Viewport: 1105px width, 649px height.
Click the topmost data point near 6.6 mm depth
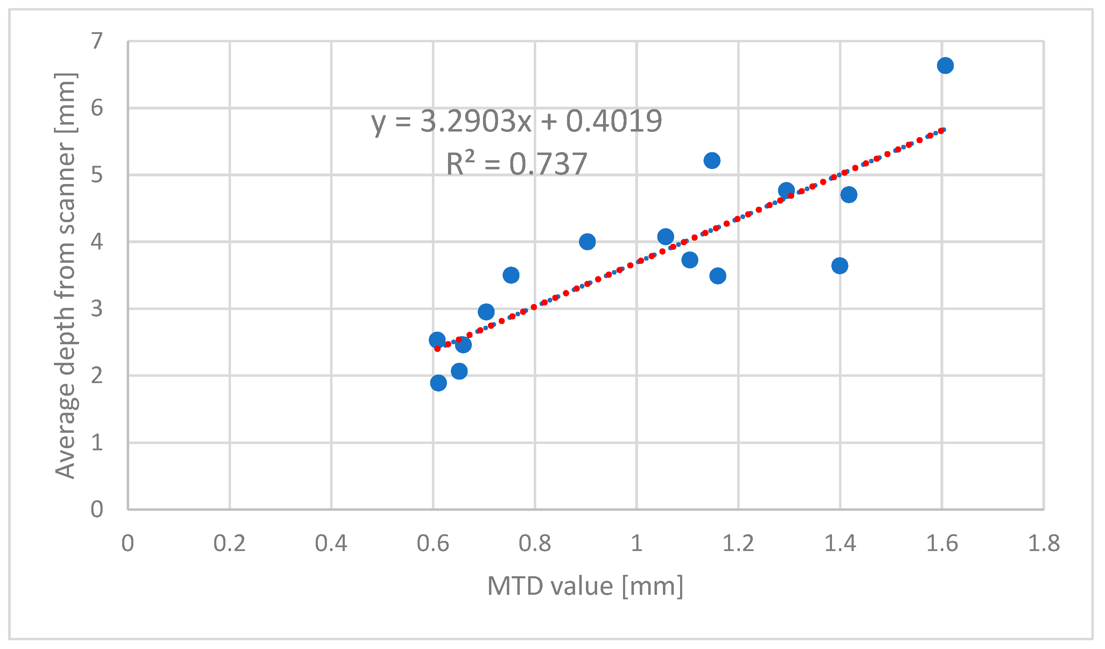[945, 66]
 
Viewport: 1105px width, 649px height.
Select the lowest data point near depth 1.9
[438, 383]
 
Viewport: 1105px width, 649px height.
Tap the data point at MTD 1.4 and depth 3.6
[839, 266]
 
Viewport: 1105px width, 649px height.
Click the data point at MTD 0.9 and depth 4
[587, 241]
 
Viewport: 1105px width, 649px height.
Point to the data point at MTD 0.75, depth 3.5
[511, 275]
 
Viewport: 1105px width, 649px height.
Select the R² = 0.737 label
[516, 164]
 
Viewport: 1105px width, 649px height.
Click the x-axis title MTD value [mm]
[585, 586]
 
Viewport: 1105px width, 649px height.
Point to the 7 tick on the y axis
[97, 41]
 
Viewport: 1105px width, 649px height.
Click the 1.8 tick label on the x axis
[1044, 543]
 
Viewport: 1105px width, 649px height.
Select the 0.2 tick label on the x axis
[229, 543]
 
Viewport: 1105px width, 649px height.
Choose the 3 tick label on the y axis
[97, 309]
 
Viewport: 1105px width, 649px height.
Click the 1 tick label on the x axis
[636, 543]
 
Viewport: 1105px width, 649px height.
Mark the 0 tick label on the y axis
[97, 510]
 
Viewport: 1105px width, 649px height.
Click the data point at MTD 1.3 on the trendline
[786, 191]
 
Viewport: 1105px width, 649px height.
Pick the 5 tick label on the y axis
[97, 175]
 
